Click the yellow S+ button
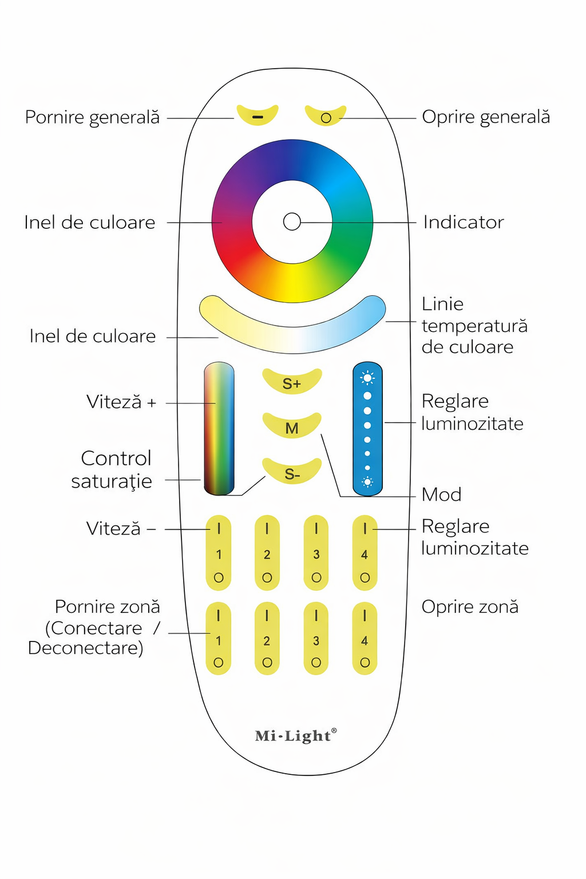[x=292, y=382]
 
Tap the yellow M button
[x=292, y=427]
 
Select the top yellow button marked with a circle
[x=326, y=117]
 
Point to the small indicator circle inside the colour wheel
[x=292, y=221]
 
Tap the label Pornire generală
[x=92, y=117]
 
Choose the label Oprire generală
[x=486, y=117]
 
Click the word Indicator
[x=464, y=222]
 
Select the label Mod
[x=441, y=494]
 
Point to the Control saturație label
[x=113, y=470]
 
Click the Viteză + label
[x=121, y=402]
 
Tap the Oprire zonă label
[x=470, y=607]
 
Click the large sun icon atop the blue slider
[x=367, y=378]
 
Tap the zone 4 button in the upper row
[x=365, y=553]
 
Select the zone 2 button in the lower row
[x=267, y=639]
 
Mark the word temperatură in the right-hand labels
[x=474, y=326]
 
